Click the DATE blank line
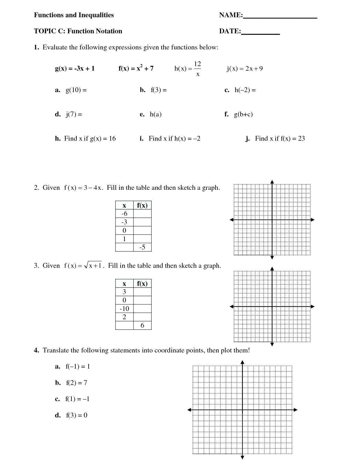pos(260,34)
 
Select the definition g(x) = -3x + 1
pos(75,68)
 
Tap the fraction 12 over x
pos(197,69)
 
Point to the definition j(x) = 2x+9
pos(245,68)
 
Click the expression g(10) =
pos(76,90)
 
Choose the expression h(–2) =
pos(245,90)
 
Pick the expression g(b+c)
pos(243,114)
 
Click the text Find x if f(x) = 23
pos(280,138)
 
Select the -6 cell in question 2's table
pos(124,214)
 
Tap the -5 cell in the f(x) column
pos(142,247)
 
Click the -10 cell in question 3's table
pos(124,309)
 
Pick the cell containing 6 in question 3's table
pos(142,325)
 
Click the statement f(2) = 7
pos(77,383)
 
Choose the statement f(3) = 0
pos(77,415)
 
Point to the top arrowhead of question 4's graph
pos(242,362)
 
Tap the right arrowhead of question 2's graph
pos(313,219)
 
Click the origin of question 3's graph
pos(272,306)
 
